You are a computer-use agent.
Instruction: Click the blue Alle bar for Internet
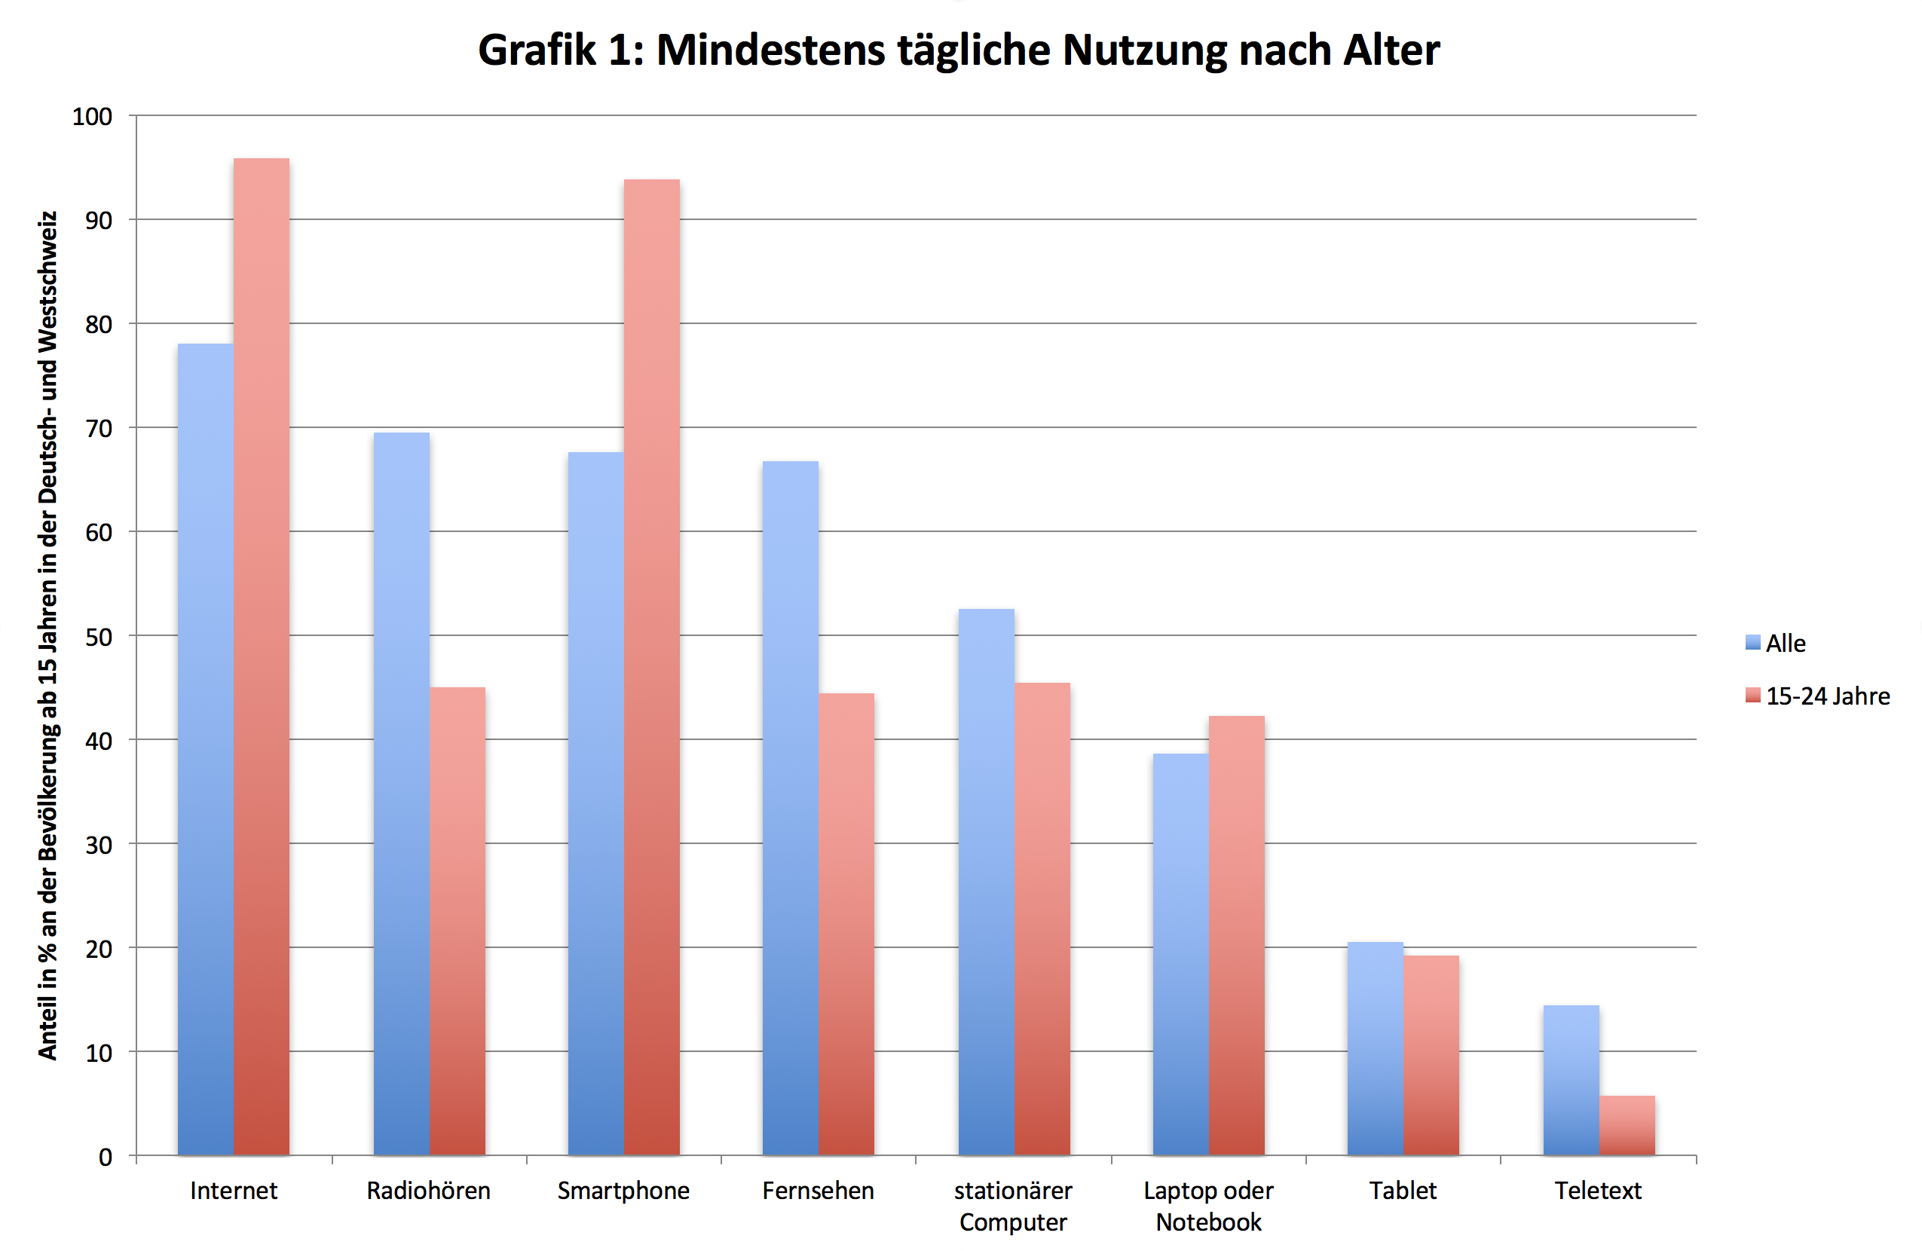(x=205, y=748)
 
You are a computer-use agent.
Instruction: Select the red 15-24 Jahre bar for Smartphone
(x=652, y=667)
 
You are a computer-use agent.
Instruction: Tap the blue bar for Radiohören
(x=401, y=794)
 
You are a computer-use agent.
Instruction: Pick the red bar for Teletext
(x=1627, y=1125)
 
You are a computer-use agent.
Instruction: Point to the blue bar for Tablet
(x=1376, y=1048)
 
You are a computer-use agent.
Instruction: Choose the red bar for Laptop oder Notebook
(x=1236, y=935)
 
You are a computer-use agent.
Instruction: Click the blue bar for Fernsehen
(x=791, y=808)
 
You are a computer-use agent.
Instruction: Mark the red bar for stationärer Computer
(x=1042, y=919)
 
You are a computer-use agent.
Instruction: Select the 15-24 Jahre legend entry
(x=1817, y=696)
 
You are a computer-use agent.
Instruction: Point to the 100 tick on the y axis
(x=92, y=116)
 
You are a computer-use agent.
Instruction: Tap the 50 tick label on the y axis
(x=99, y=636)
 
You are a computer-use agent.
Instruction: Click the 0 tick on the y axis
(x=105, y=1158)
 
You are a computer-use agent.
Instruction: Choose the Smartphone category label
(x=623, y=1191)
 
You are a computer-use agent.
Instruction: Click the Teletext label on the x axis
(x=1598, y=1191)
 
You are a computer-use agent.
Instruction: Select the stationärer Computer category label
(x=1014, y=1206)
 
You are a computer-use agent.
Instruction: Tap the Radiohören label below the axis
(x=429, y=1191)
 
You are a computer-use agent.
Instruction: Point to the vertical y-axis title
(x=47, y=635)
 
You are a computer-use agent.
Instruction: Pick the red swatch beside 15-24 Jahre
(x=1752, y=696)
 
